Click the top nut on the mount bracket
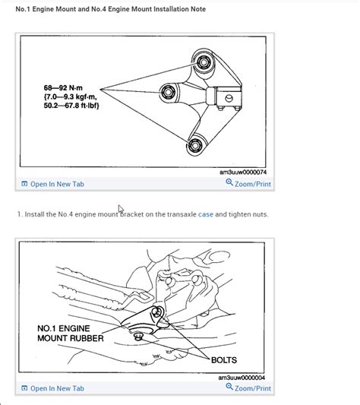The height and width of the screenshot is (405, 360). point(203,59)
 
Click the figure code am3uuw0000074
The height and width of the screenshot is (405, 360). point(242,172)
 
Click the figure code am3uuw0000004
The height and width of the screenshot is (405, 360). point(242,377)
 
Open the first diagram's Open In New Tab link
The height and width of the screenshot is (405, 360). point(57,184)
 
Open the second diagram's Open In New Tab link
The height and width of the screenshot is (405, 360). point(57,388)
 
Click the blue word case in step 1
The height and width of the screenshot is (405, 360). point(206,214)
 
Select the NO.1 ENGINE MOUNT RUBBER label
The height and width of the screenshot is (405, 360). point(70,333)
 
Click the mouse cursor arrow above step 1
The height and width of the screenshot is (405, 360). point(121,208)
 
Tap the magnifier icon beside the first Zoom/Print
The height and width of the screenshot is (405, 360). point(229,183)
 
